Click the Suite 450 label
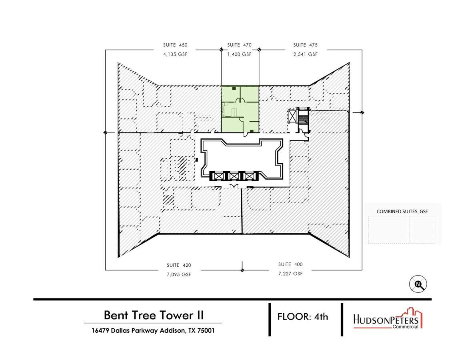tap(175, 45)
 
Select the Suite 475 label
tap(305, 45)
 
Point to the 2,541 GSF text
tap(305, 54)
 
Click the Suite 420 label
tap(179, 265)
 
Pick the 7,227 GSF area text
tap(291, 274)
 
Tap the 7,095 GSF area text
tap(179, 274)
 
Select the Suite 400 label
tap(291, 264)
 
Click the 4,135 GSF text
tap(175, 54)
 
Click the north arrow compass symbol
tap(418, 284)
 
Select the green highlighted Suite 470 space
tap(240, 109)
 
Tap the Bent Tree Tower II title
tap(154, 315)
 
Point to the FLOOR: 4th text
tap(303, 316)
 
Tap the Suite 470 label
tap(239, 45)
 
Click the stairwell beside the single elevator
tap(303, 119)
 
